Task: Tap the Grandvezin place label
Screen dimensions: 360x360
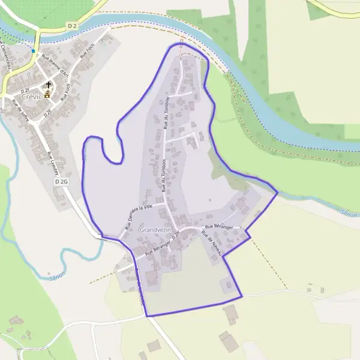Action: coord(155,230)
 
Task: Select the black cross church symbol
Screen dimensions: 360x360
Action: coord(48,85)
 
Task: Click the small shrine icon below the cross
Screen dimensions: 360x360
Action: coord(47,94)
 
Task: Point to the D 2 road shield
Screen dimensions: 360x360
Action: coord(73,26)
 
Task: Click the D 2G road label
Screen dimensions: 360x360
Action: coord(61,181)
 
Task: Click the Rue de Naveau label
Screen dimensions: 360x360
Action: coord(212,245)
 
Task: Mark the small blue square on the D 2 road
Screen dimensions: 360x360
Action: coord(33,51)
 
